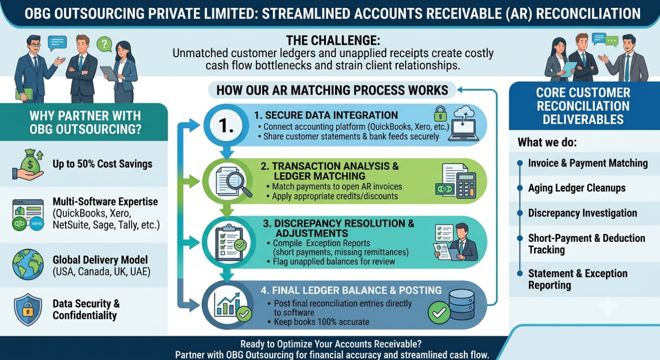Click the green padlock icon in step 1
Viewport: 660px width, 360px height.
click(x=440, y=114)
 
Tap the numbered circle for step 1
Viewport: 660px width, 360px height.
click(x=226, y=125)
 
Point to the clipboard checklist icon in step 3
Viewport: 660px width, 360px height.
click(x=230, y=242)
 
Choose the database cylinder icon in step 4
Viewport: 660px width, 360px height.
click(x=461, y=305)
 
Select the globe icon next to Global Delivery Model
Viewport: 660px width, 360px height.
click(x=28, y=264)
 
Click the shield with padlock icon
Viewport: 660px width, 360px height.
click(x=28, y=309)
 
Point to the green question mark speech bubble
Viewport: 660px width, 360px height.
click(x=105, y=44)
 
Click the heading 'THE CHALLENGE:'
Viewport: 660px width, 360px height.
click(x=333, y=40)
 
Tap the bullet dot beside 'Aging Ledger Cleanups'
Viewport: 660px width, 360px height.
click(x=520, y=188)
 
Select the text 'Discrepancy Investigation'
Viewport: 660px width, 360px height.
click(x=583, y=213)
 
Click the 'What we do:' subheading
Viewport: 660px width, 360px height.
click(x=547, y=142)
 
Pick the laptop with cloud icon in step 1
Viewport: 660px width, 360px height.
click(x=464, y=123)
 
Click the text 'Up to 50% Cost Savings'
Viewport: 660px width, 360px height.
click(x=103, y=164)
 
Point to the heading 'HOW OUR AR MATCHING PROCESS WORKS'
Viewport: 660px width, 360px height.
click(x=332, y=90)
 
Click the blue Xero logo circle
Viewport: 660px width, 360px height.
click(x=37, y=224)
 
